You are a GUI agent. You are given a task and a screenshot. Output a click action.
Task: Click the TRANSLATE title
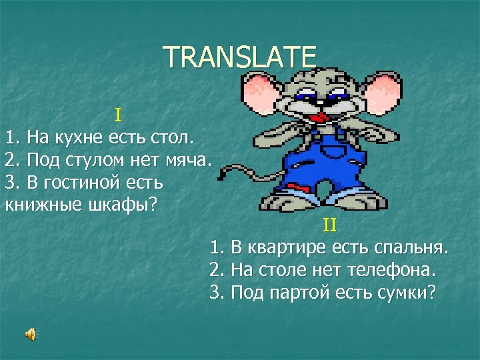click(x=240, y=57)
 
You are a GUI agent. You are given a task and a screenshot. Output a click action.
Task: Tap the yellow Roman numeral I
click(x=117, y=115)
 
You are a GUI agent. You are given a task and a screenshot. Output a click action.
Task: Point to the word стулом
click(x=94, y=160)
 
